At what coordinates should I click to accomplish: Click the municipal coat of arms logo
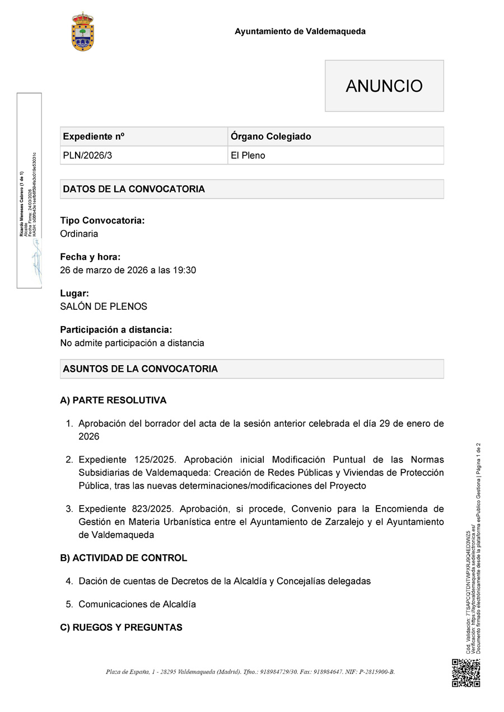click(83, 31)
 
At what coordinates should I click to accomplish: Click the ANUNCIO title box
click(384, 86)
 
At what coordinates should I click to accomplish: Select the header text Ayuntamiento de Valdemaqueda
click(300, 31)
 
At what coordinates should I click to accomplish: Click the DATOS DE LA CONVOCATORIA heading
click(134, 189)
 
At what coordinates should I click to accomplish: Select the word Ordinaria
click(79, 234)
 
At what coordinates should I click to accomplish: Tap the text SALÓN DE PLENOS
click(104, 307)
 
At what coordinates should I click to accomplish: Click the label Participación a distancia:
click(116, 330)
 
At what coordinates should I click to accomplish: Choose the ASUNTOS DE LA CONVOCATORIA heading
click(140, 369)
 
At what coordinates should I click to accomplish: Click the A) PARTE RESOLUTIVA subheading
click(113, 400)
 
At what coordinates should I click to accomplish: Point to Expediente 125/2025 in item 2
click(127, 460)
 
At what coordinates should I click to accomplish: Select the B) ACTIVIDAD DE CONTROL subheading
click(123, 558)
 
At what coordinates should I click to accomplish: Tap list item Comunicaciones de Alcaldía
click(137, 604)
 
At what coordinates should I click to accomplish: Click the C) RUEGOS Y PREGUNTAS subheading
click(121, 628)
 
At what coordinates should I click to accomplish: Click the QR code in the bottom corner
click(466, 673)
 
